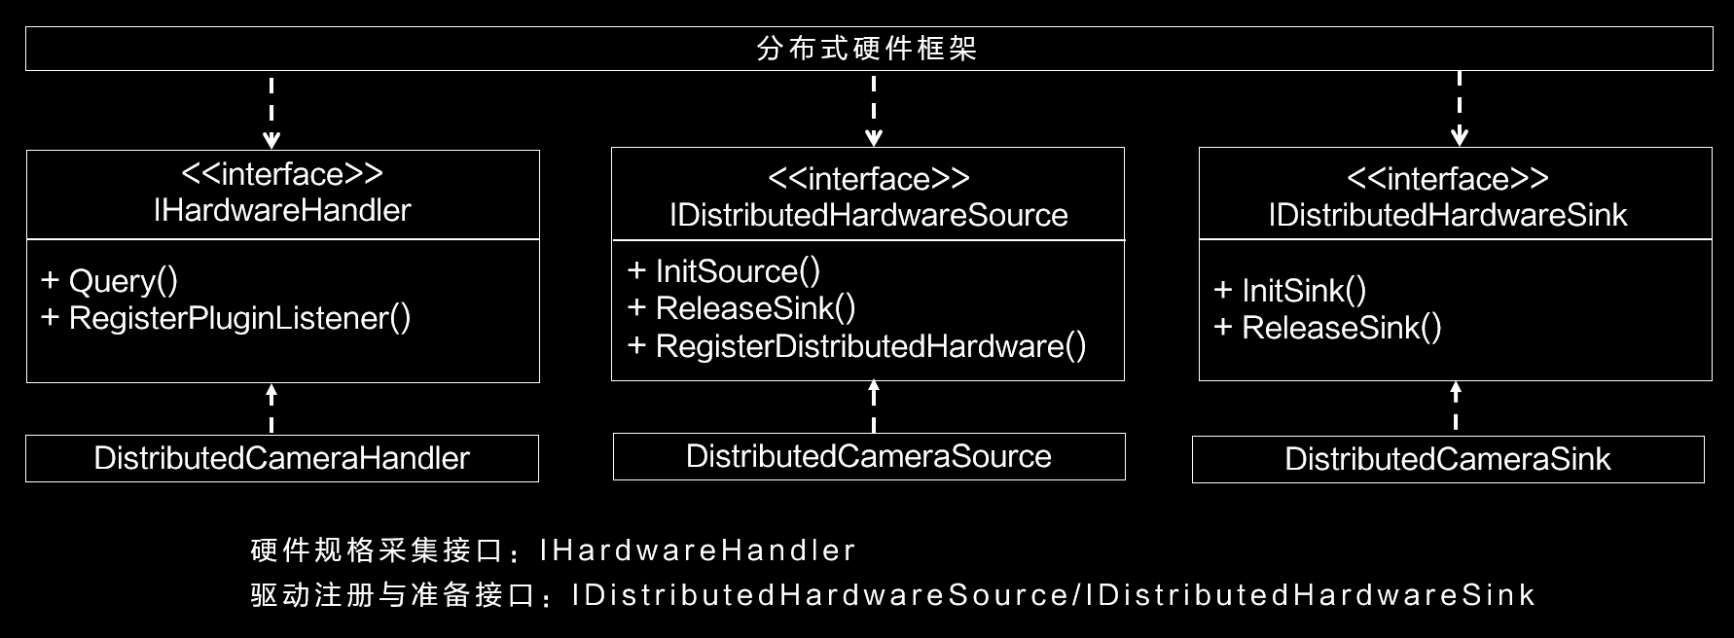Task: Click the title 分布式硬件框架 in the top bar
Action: tap(867, 49)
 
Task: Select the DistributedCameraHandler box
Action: tap(282, 458)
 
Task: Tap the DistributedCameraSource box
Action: tap(869, 456)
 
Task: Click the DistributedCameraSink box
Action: tap(1448, 459)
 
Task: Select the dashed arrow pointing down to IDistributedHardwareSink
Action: tap(1460, 109)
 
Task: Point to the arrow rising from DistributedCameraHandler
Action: tap(271, 408)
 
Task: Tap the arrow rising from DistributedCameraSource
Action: tap(874, 407)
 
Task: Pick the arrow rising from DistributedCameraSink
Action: tap(1456, 407)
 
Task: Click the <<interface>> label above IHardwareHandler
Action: tap(282, 174)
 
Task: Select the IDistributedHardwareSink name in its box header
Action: tap(1448, 215)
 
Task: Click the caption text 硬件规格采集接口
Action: tap(375, 550)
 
